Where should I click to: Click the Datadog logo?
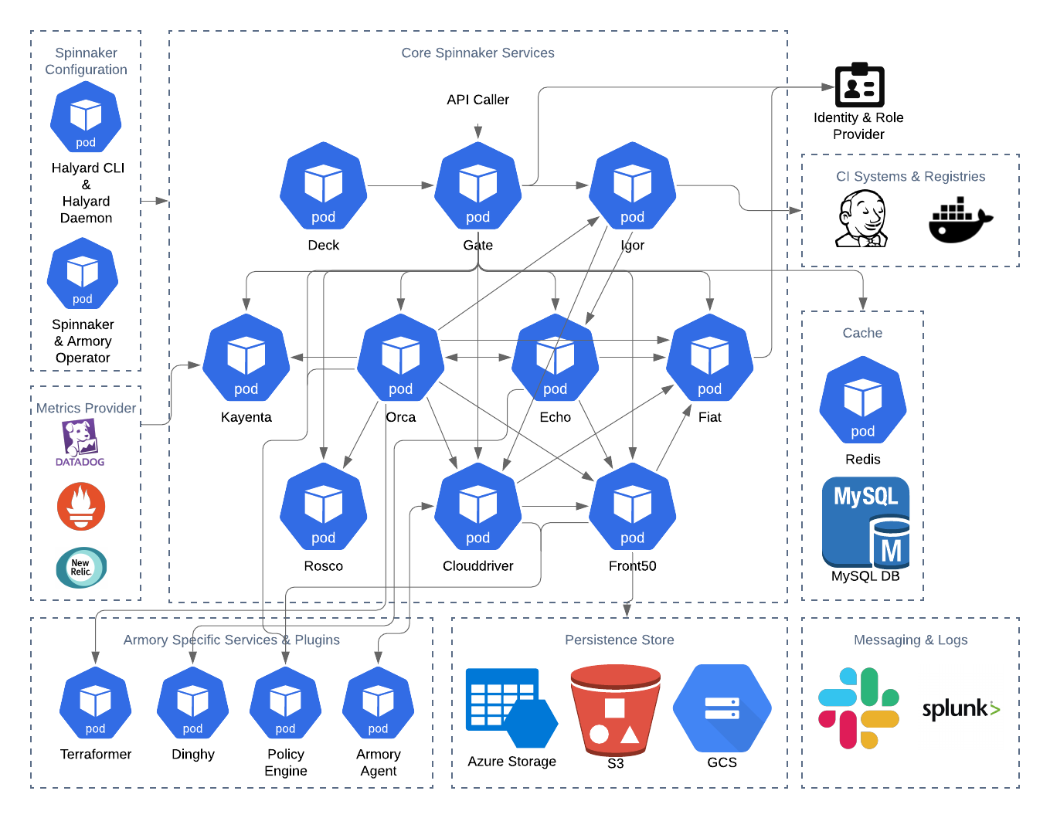pyautogui.click(x=80, y=443)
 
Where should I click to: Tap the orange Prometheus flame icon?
pyautogui.click(x=81, y=507)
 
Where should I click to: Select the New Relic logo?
pyautogui.click(x=81, y=568)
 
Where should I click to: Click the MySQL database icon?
pyautogui.click(x=866, y=523)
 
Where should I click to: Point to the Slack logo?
pyautogui.click(x=858, y=708)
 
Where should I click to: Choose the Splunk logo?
pyautogui.click(x=960, y=707)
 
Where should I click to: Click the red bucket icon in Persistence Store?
pyautogui.click(x=615, y=710)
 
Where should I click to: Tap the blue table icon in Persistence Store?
pyautogui.click(x=510, y=708)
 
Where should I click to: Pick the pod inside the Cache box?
pyautogui.click(x=863, y=400)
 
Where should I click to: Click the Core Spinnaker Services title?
pyautogui.click(x=477, y=53)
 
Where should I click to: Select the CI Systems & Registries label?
pyautogui.click(x=910, y=177)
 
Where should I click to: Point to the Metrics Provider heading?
pyautogui.click(x=86, y=408)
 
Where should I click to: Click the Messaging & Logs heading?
pyautogui.click(x=910, y=640)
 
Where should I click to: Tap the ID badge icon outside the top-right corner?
pyautogui.click(x=859, y=86)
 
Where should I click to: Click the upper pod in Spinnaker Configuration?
pyautogui.click(x=86, y=117)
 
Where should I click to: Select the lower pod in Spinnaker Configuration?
pyautogui.click(x=83, y=273)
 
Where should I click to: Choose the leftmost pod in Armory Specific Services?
pyautogui.click(x=96, y=703)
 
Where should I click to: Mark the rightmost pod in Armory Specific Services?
pyautogui.click(x=378, y=703)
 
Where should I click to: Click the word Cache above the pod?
pyautogui.click(x=862, y=333)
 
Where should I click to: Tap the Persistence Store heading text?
pyautogui.click(x=619, y=640)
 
